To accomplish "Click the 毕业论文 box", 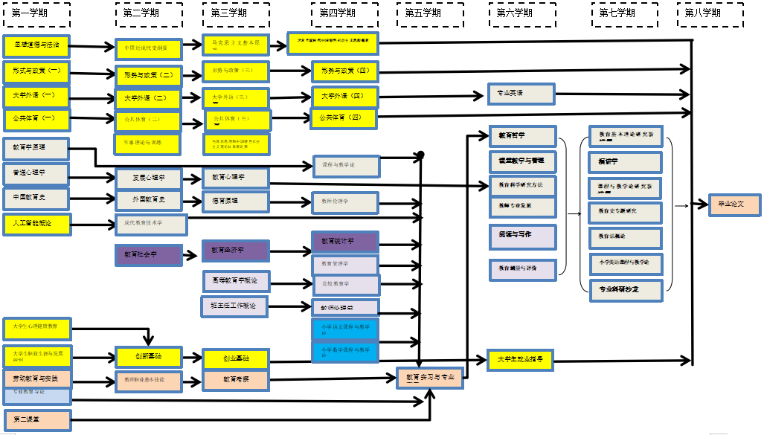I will pyautogui.click(x=735, y=204).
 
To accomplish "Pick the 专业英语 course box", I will pyautogui.click(x=521, y=94).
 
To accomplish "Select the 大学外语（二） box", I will pyautogui.click(x=148, y=98).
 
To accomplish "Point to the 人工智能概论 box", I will pyautogui.click(x=36, y=223).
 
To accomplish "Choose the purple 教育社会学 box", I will pyautogui.click(x=148, y=254).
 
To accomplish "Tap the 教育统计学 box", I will pyautogui.click(x=345, y=242).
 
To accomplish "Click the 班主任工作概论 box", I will pyautogui.click(x=234, y=306).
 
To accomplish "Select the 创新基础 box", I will pyautogui.click(x=148, y=357).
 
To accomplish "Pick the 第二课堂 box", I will pyautogui.click(x=36, y=420).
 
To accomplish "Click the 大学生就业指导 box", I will pyautogui.click(x=521, y=360).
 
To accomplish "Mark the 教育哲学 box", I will pyautogui.click(x=522, y=136).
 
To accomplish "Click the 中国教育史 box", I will pyautogui.click(x=36, y=199).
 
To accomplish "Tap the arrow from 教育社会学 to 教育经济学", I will pyautogui.click(x=192, y=253).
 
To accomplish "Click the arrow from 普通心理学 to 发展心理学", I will pyautogui.click(x=93, y=177).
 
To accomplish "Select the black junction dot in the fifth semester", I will pyautogui.click(x=420, y=155).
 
